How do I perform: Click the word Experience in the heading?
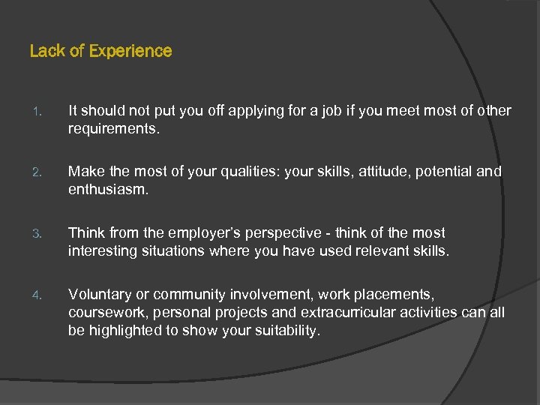point(130,52)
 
